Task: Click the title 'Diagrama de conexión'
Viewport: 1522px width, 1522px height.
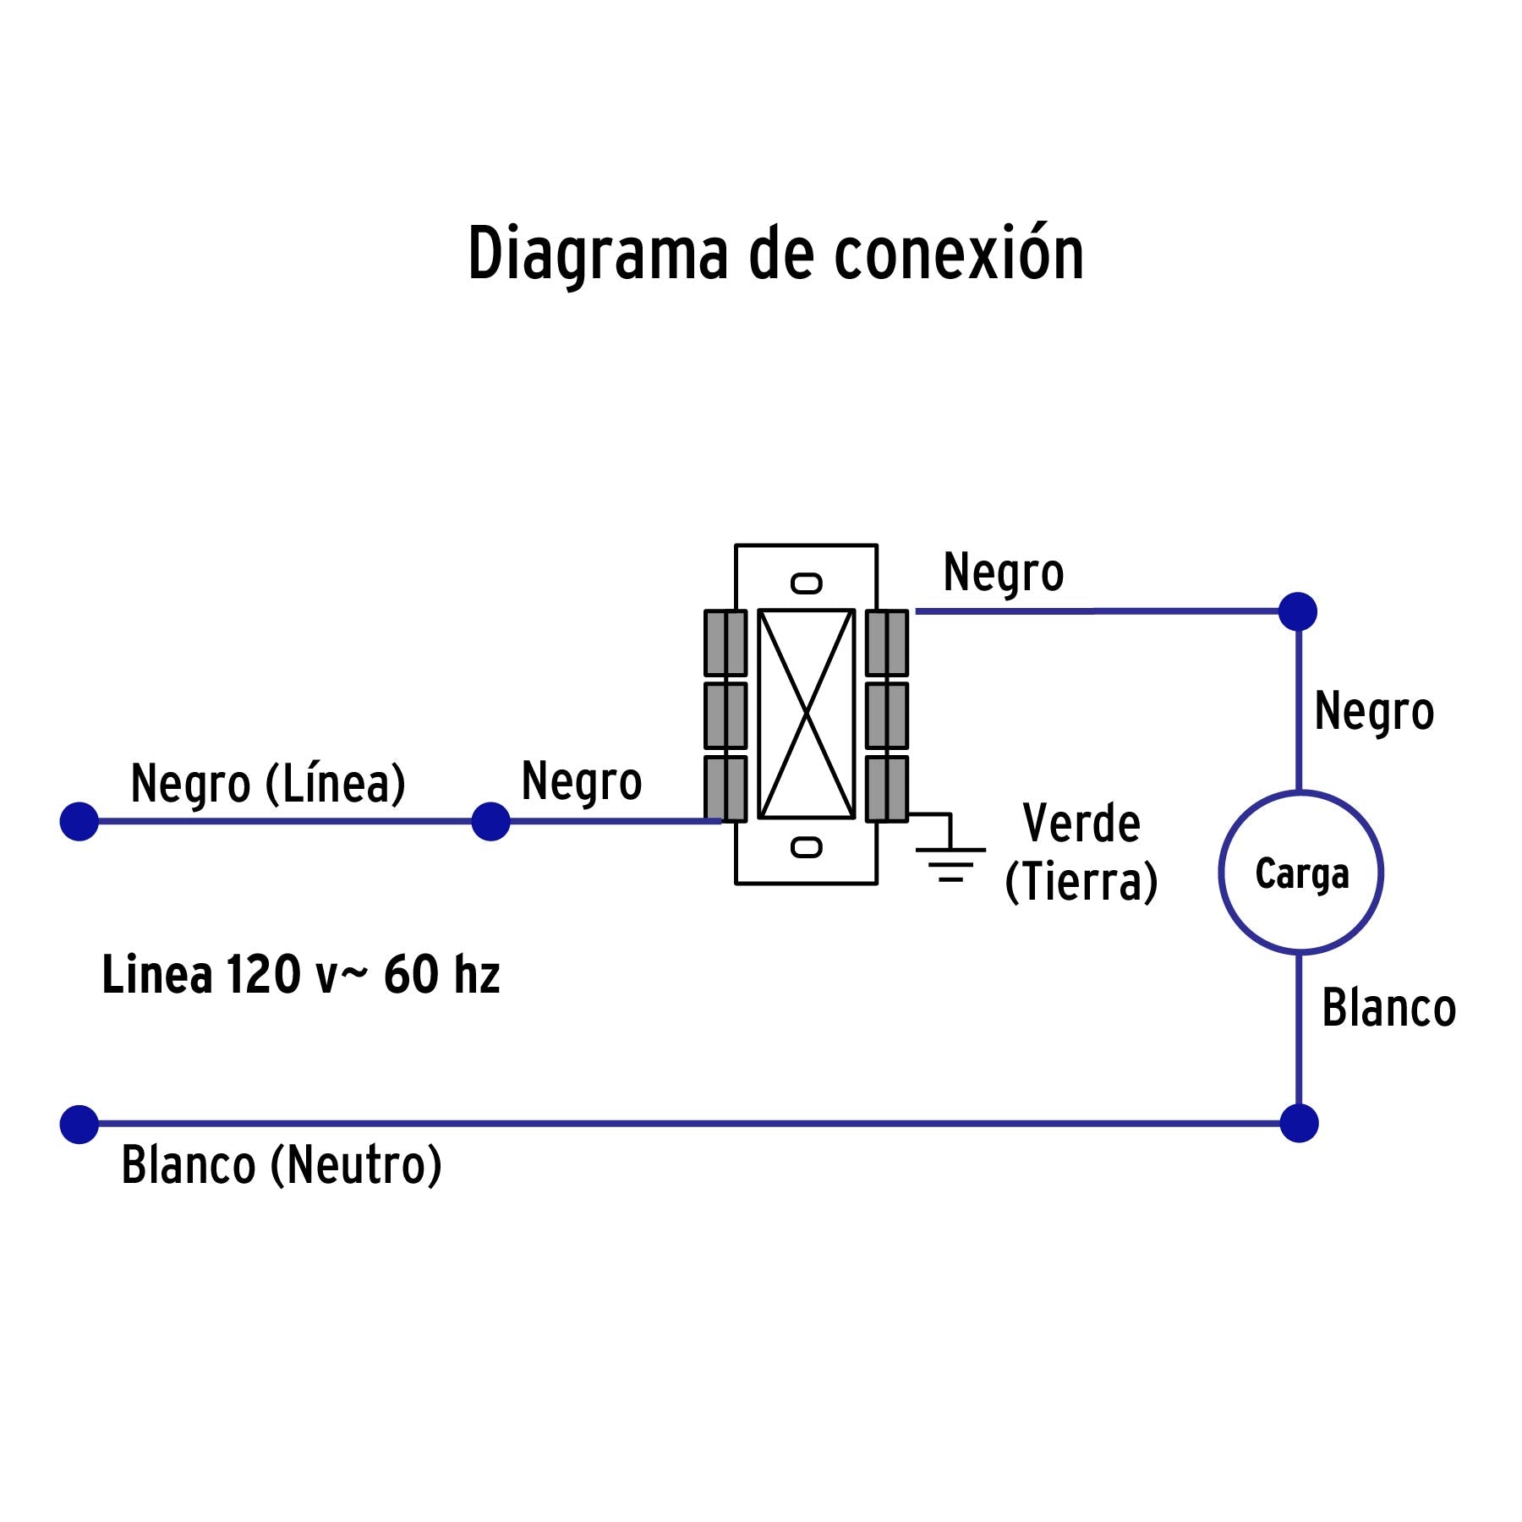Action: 775,254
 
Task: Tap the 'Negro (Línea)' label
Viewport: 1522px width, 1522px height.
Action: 268,783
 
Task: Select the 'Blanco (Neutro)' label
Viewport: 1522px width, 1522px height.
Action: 282,1164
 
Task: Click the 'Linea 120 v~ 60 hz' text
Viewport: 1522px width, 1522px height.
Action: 301,974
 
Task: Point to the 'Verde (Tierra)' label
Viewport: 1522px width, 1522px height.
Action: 1081,852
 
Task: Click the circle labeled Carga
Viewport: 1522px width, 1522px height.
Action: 1300,873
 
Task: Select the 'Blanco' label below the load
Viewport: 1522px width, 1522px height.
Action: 1388,1008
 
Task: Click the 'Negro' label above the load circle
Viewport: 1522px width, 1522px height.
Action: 1374,711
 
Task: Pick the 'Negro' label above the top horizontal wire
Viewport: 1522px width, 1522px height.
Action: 1003,572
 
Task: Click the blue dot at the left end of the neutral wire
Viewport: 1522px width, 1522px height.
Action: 79,1125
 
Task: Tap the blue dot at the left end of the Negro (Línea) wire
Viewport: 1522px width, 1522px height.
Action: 79,821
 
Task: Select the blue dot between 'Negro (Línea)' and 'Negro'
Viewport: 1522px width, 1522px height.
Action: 490,821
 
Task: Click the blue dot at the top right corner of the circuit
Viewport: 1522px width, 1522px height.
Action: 1298,611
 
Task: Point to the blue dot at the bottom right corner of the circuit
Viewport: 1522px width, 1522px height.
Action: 1299,1124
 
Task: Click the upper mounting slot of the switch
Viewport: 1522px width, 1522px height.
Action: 806,583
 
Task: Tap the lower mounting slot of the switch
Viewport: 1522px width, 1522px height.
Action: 806,847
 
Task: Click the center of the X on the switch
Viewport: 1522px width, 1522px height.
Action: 807,714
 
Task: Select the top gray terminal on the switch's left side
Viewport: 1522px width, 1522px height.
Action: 725,643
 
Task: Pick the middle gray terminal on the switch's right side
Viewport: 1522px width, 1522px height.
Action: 887,715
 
